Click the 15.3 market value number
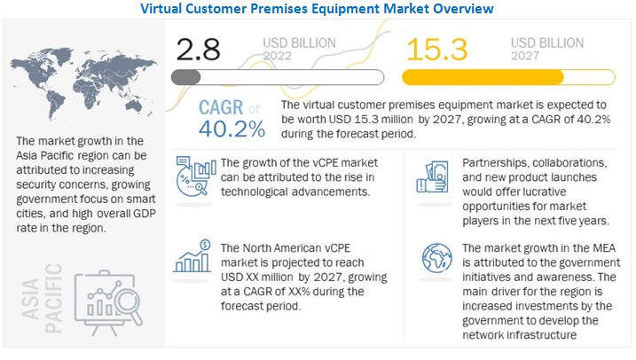click(x=442, y=48)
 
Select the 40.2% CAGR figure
click(x=233, y=129)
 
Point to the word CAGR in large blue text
click(x=221, y=106)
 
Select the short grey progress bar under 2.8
click(x=185, y=77)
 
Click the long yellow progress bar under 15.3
click(x=484, y=77)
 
